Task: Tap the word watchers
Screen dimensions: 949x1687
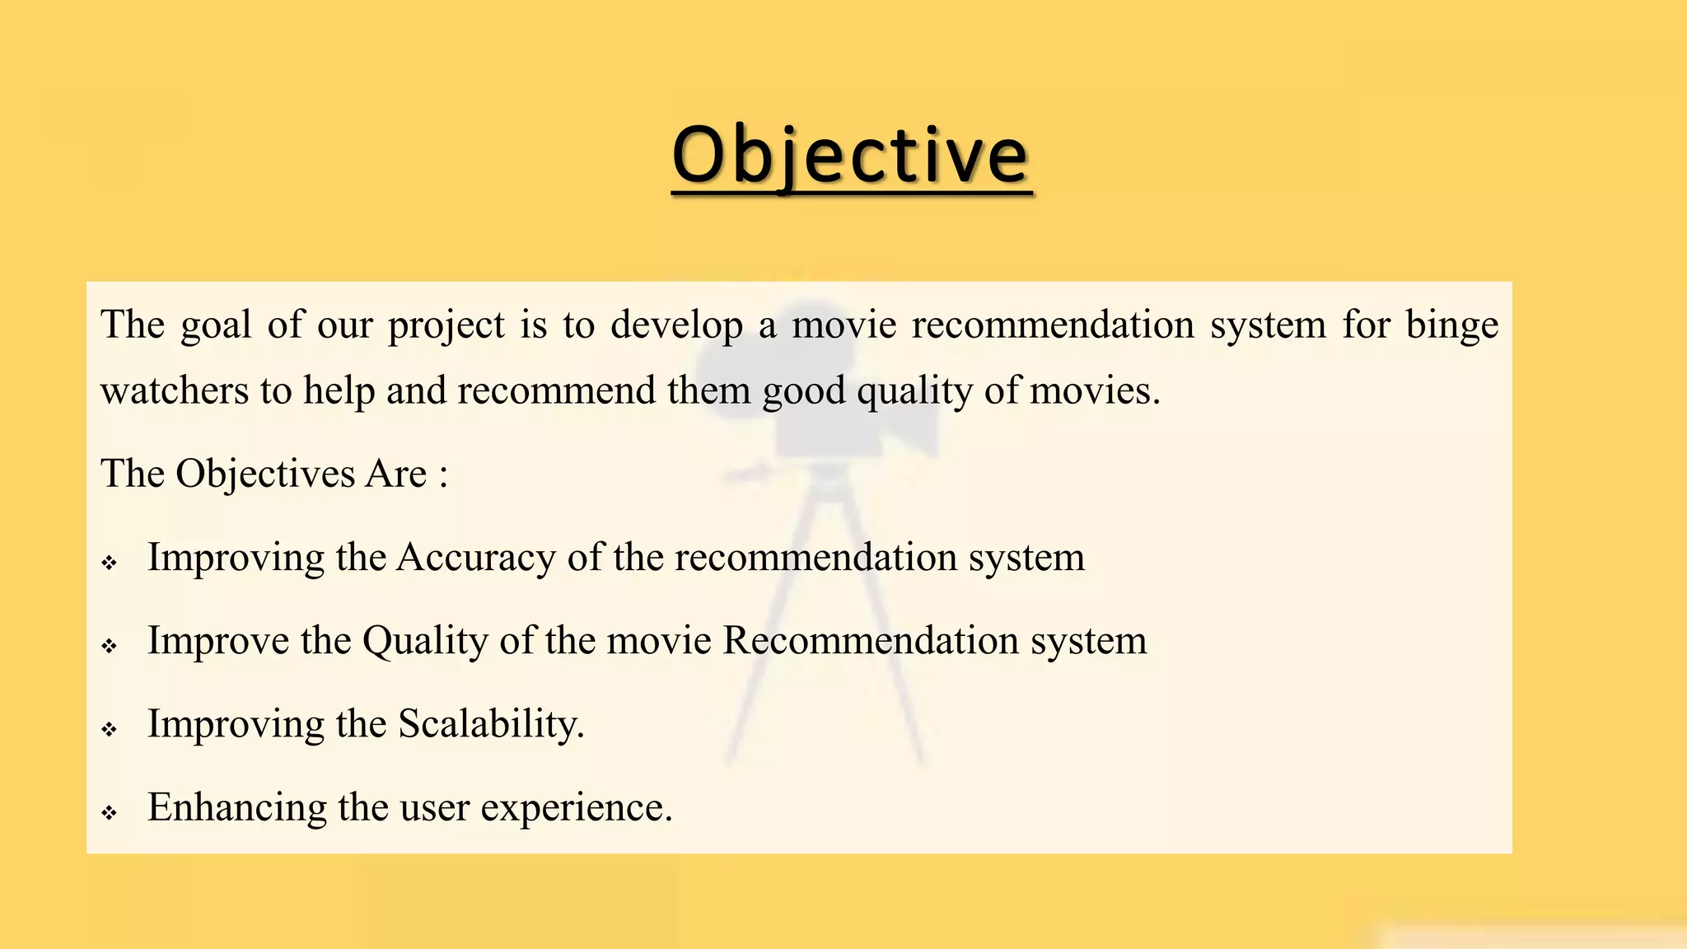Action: tap(174, 390)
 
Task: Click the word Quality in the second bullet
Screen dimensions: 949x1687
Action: tap(425, 642)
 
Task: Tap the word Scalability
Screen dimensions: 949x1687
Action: tap(491, 724)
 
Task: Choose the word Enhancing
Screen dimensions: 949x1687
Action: tap(236, 808)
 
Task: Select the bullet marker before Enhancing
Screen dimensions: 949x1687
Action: tap(110, 813)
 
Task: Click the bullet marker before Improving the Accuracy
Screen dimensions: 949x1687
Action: tap(110, 563)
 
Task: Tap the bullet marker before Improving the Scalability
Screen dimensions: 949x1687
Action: tap(110, 729)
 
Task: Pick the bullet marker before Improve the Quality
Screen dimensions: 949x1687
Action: tap(110, 647)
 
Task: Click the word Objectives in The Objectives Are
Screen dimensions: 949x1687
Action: tap(265, 474)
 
